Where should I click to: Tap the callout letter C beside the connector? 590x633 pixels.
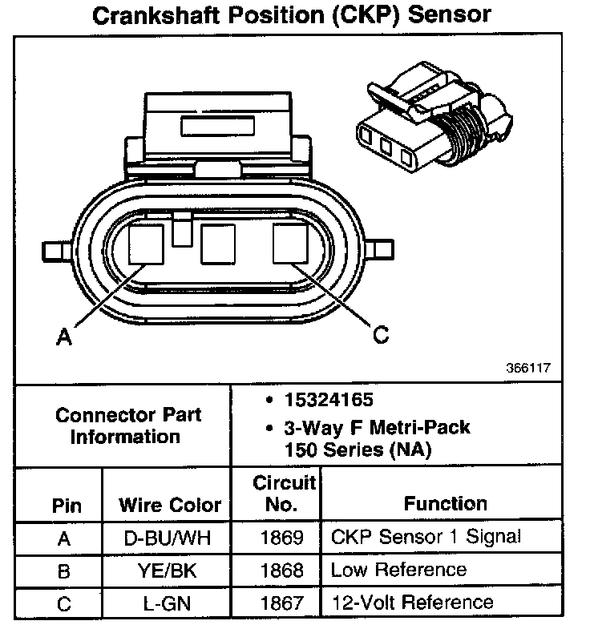click(x=382, y=335)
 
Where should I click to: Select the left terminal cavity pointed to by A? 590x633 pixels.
click(x=146, y=244)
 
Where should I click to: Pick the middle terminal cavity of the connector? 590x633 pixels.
click(x=218, y=244)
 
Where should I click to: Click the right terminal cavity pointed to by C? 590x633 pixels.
click(x=290, y=244)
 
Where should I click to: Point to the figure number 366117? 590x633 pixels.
click(x=528, y=369)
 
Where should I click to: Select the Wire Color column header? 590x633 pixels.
click(x=169, y=505)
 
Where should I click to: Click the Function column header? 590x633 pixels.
click(x=445, y=503)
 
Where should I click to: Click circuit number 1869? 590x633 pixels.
click(x=282, y=538)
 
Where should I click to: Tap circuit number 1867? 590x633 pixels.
click(x=282, y=603)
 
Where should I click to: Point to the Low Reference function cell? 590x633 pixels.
click(x=398, y=570)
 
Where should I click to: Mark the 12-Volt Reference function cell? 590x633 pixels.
click(x=412, y=602)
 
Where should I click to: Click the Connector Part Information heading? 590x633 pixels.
click(x=128, y=425)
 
